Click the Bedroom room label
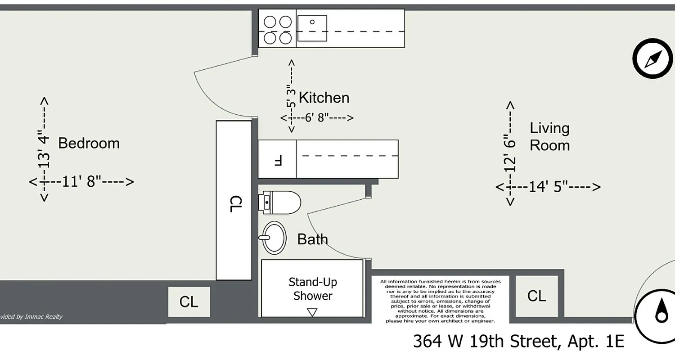[x=89, y=143]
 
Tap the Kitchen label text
[x=324, y=98]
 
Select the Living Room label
[x=549, y=137]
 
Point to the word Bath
[x=312, y=239]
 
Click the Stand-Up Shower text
[x=312, y=289]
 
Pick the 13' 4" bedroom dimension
[x=44, y=148]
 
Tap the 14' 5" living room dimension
[x=548, y=187]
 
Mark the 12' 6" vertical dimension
[x=510, y=153]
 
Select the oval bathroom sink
[x=274, y=237]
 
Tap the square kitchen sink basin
[x=312, y=28]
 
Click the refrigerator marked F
[x=277, y=159]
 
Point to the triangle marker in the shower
[x=312, y=312]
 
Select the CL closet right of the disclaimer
[x=536, y=296]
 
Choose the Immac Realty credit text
[x=31, y=317]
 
